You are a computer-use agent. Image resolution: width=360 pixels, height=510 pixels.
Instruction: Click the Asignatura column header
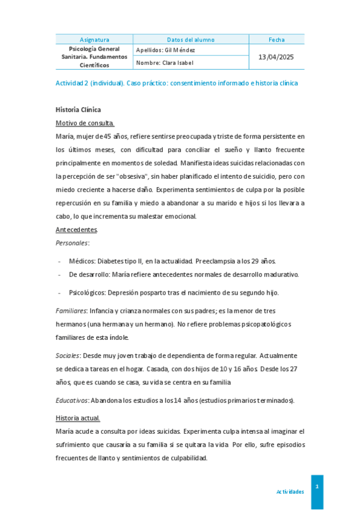point(94,39)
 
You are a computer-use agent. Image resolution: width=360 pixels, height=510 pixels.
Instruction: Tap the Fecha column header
point(276,39)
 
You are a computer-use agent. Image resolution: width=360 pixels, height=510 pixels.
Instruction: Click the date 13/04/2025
point(276,57)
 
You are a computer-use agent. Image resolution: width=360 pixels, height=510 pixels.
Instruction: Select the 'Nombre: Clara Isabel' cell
point(165,63)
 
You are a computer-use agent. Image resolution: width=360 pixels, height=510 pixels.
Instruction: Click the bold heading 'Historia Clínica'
point(78,109)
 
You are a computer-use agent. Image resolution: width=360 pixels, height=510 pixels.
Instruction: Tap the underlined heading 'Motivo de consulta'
point(84,123)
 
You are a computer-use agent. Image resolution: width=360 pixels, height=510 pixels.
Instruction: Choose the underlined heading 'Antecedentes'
point(76,230)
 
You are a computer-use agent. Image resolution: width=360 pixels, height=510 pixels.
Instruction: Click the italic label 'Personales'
point(72,243)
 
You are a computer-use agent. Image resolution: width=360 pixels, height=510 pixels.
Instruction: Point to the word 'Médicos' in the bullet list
point(82,261)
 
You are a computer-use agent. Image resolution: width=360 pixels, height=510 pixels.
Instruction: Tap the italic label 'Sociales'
point(67,355)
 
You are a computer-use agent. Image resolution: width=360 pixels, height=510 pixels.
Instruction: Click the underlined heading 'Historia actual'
point(78,418)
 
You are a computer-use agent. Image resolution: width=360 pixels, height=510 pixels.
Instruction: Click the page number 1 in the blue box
point(317,486)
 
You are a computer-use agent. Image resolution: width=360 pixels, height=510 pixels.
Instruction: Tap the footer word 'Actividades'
point(290,491)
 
